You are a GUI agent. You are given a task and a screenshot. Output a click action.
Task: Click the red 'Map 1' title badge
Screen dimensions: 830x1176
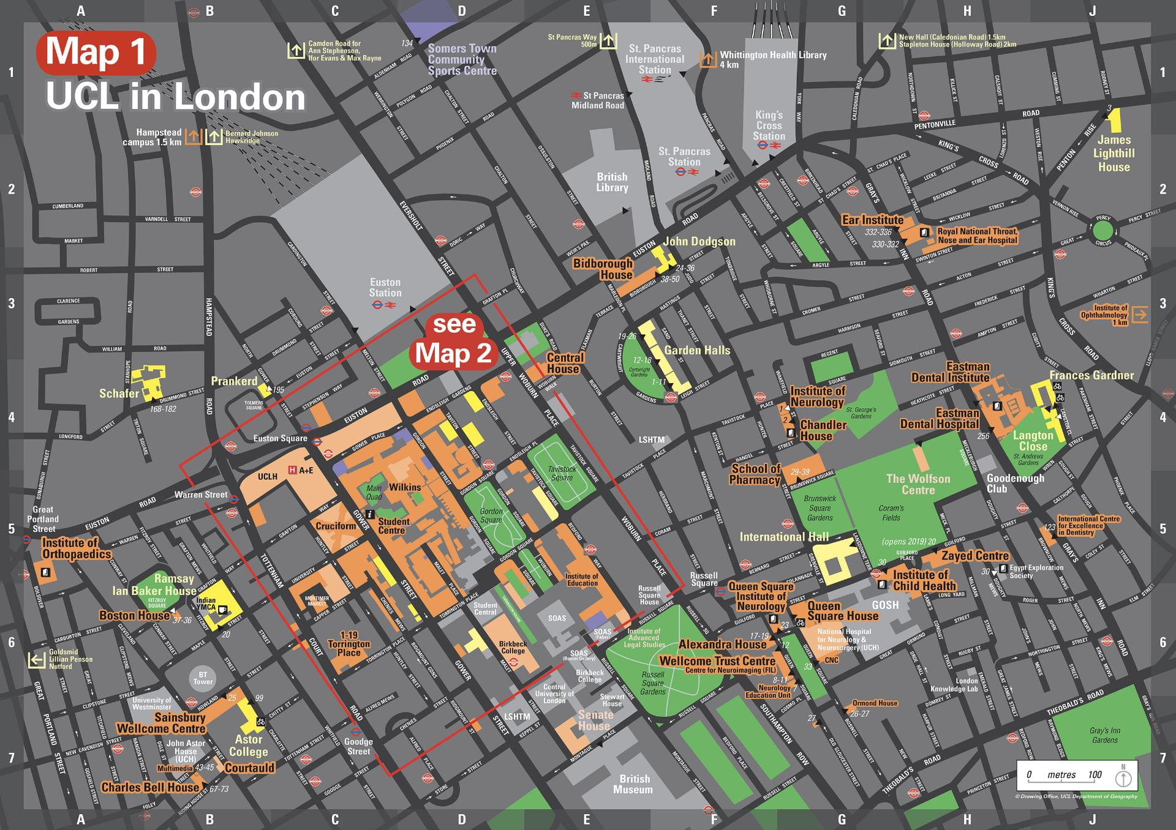[x=96, y=51]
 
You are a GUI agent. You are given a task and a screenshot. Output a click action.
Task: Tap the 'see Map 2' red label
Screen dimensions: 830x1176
[x=453, y=340]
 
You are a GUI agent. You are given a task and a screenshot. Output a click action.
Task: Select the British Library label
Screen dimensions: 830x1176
[x=612, y=182]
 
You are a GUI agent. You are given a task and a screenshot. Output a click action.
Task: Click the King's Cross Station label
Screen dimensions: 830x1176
[x=769, y=125]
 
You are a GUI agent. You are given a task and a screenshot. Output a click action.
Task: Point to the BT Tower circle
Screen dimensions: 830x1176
[x=203, y=678]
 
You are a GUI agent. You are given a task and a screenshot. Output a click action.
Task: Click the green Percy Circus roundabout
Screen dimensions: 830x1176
[x=1102, y=231]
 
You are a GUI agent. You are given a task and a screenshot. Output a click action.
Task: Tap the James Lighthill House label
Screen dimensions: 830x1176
[x=1114, y=154]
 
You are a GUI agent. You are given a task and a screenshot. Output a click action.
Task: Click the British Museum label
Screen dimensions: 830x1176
[x=633, y=784]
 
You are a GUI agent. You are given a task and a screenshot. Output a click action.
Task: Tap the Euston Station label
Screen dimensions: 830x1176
[x=385, y=288]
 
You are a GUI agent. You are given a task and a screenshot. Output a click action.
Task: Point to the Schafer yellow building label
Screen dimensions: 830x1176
[x=119, y=394]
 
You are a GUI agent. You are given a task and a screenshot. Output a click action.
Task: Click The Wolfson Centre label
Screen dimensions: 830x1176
[x=918, y=484]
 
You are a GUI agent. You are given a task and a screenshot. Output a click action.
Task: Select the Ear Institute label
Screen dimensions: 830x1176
[x=872, y=220]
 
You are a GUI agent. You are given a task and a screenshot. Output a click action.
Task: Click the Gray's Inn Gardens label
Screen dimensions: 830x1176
[x=1104, y=735]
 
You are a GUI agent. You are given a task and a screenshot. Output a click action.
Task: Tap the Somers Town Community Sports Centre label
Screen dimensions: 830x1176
[x=462, y=59]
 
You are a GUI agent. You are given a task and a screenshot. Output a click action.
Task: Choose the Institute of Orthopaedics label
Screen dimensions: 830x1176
[x=77, y=548]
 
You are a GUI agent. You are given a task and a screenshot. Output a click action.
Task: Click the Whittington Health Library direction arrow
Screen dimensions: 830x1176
[x=708, y=59]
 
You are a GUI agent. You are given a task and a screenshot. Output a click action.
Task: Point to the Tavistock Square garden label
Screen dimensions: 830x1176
[x=562, y=473]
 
